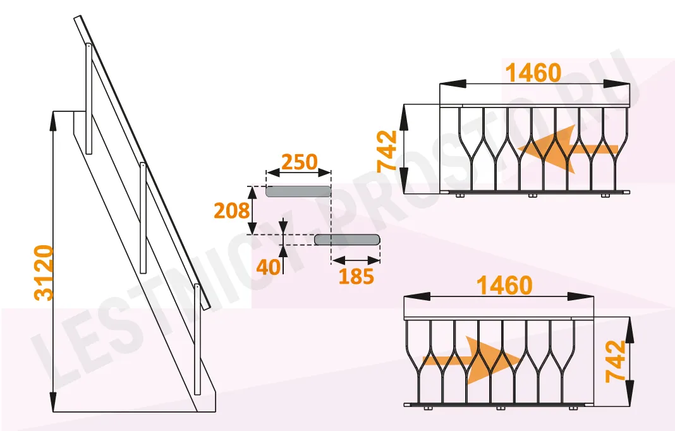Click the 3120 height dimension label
(44, 272)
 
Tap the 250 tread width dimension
(299, 162)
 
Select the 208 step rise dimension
(231, 210)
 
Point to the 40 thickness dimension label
(268, 267)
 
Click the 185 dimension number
(356, 276)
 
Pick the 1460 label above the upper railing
(533, 73)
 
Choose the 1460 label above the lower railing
(505, 286)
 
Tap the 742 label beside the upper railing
(387, 152)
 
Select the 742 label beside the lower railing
(615, 361)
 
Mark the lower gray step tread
(348, 240)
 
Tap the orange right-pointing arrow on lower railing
(472, 360)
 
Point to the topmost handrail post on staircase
(88, 99)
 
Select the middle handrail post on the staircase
(143, 218)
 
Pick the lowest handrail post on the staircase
(197, 339)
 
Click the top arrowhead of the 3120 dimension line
(53, 120)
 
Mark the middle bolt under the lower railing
(500, 408)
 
